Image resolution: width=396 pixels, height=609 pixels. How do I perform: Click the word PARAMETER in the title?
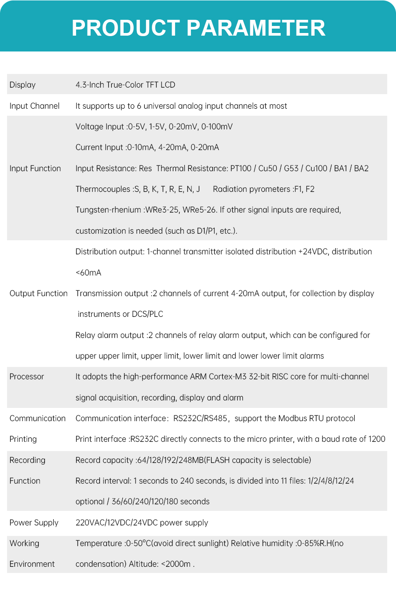(x=256, y=28)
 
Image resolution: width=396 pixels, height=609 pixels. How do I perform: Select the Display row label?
(x=22, y=85)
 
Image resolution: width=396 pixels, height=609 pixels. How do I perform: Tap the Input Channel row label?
(x=34, y=106)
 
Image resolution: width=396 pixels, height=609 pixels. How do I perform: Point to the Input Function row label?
(x=35, y=169)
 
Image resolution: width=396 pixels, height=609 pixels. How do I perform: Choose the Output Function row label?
(x=39, y=293)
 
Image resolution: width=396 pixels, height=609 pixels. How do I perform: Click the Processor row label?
(x=27, y=377)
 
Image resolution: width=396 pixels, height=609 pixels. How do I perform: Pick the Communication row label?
(x=37, y=418)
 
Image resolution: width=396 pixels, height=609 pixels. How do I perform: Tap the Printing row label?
(x=23, y=439)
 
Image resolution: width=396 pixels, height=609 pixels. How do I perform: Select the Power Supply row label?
(x=34, y=523)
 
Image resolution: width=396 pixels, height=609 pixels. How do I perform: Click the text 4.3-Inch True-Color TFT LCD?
(x=125, y=85)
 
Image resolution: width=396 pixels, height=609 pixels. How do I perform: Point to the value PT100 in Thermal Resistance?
(x=241, y=169)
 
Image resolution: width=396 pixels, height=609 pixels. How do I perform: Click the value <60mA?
(x=88, y=273)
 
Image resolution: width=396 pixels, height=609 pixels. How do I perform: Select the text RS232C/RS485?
(x=200, y=418)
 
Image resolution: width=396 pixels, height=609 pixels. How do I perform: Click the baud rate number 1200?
(x=377, y=439)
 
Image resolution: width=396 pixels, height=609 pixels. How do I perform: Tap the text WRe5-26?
(x=199, y=210)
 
